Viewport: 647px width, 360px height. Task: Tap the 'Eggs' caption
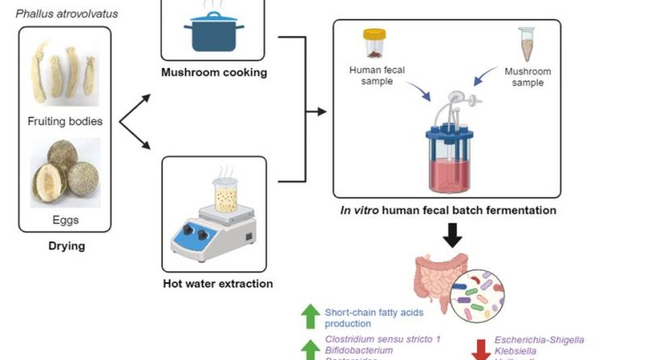coord(64,218)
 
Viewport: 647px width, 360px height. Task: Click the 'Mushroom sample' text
coord(526,75)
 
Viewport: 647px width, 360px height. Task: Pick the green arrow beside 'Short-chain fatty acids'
coord(310,316)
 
